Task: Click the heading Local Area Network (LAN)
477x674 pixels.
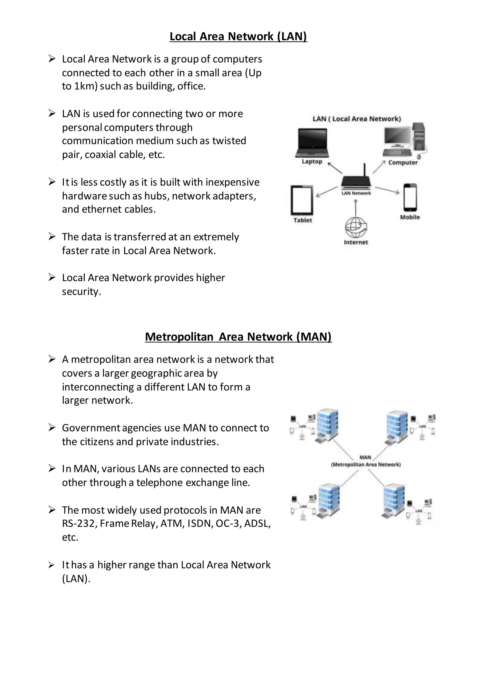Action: (238, 36)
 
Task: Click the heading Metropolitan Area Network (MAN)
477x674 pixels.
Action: (238, 337)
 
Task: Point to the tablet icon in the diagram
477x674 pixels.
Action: (302, 200)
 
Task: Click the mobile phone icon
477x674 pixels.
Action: (410, 197)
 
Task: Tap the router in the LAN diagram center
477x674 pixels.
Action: (356, 182)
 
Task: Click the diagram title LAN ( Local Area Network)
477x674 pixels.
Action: (357, 119)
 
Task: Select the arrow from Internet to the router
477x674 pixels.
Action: (356, 208)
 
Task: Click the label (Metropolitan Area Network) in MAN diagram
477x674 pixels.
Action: (366, 465)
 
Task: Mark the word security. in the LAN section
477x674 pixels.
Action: (81, 291)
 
